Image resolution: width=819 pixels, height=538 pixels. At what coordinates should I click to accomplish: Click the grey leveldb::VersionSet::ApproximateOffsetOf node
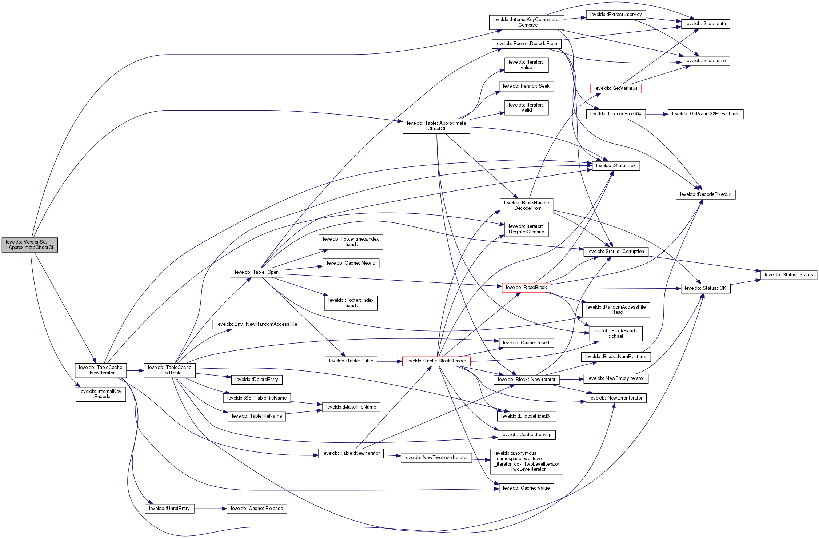(x=29, y=245)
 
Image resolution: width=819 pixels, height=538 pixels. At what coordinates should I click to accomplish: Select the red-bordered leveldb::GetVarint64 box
(x=616, y=88)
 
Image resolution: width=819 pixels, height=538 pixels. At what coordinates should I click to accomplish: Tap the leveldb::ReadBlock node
(x=526, y=288)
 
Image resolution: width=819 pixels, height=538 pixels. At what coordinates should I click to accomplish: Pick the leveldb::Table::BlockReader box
(x=436, y=361)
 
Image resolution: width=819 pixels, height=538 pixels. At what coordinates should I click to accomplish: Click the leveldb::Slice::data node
(x=706, y=24)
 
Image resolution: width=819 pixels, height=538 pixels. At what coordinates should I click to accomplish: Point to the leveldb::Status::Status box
(x=788, y=275)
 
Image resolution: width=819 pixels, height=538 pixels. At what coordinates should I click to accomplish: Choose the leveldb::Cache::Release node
(x=257, y=509)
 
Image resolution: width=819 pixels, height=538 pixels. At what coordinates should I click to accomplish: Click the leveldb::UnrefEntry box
(x=169, y=509)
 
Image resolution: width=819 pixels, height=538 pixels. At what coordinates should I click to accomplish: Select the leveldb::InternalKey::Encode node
(x=101, y=394)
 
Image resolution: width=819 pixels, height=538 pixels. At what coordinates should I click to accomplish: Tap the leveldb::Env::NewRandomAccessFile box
(x=257, y=324)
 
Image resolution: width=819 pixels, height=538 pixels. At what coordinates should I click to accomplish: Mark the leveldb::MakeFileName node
(x=351, y=407)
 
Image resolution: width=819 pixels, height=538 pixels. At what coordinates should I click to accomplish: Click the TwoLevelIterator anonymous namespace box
(x=526, y=461)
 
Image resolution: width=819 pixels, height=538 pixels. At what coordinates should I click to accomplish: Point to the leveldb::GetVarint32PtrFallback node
(x=705, y=114)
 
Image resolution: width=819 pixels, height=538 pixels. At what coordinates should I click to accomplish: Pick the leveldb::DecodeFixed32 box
(x=705, y=194)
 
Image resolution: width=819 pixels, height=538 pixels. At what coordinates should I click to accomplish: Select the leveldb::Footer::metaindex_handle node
(x=351, y=242)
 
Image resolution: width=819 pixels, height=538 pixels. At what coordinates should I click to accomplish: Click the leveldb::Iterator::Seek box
(x=526, y=86)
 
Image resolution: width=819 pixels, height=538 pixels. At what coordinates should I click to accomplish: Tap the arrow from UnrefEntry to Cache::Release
(x=210, y=509)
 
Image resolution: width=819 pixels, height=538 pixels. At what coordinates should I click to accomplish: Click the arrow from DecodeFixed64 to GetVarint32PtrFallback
(x=656, y=114)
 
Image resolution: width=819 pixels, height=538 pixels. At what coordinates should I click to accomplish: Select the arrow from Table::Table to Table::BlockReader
(x=389, y=361)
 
